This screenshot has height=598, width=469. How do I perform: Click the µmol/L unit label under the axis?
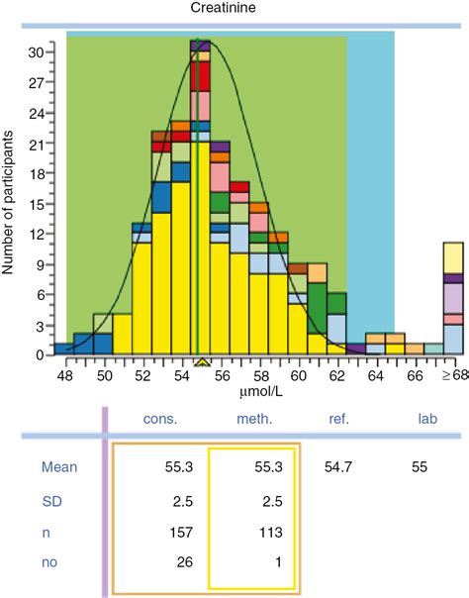pyautogui.click(x=258, y=392)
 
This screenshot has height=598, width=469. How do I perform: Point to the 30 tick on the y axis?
pyautogui.click(x=35, y=50)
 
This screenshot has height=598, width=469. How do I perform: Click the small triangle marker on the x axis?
pyautogui.click(x=201, y=361)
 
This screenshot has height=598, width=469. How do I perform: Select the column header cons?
pyautogui.click(x=161, y=420)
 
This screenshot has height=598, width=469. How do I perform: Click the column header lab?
pyautogui.click(x=427, y=420)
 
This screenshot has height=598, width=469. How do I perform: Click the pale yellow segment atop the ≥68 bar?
pyautogui.click(x=454, y=257)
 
